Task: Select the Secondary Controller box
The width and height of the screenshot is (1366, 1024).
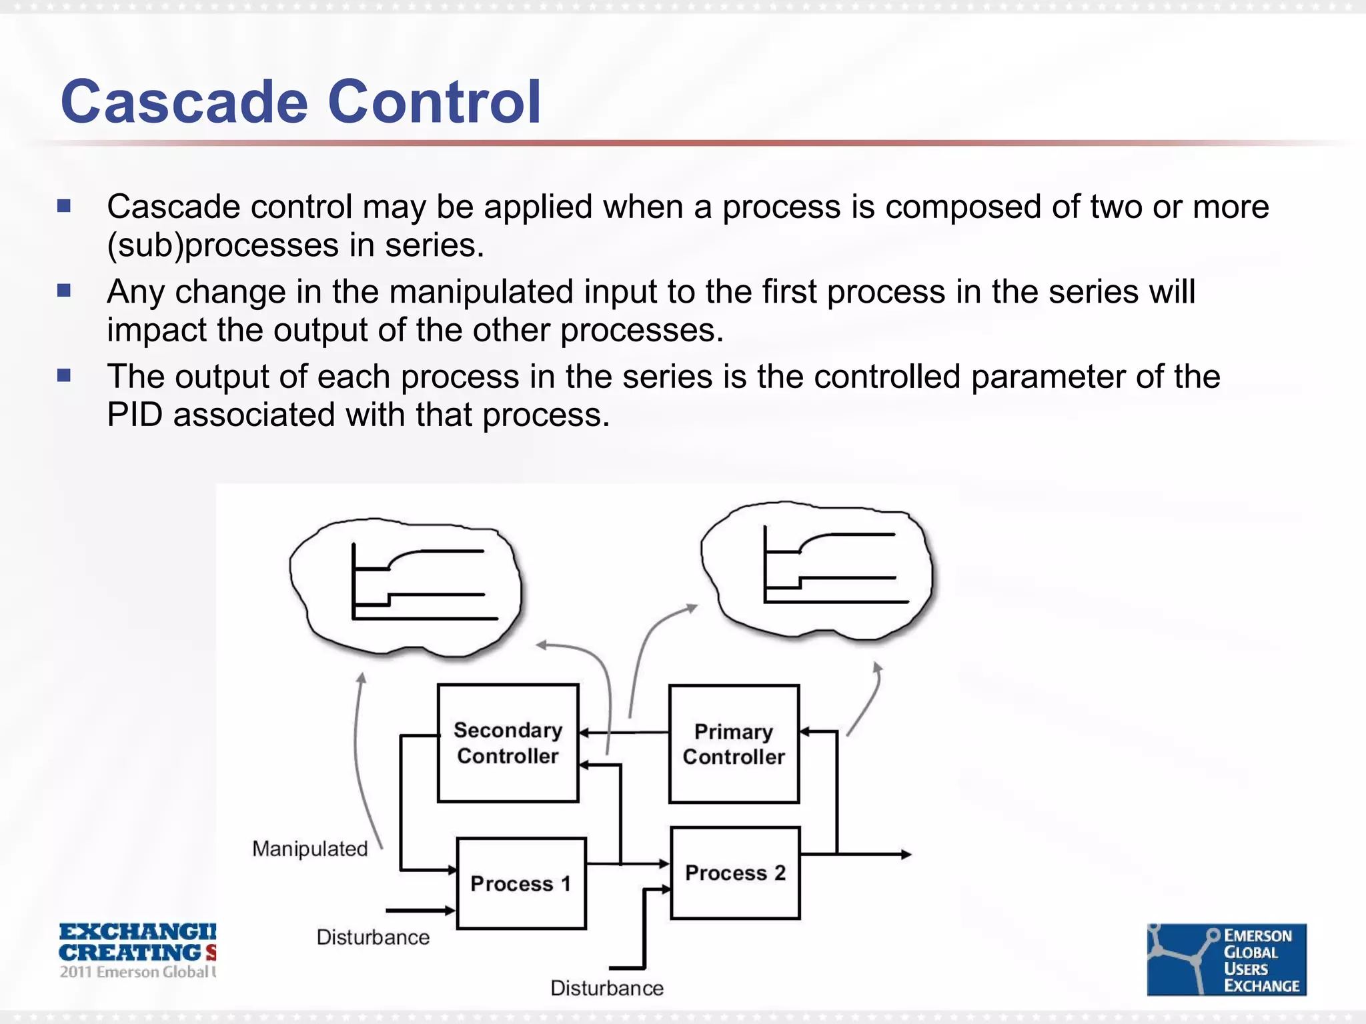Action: [x=508, y=743]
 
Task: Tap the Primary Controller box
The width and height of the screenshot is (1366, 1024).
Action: [x=734, y=744]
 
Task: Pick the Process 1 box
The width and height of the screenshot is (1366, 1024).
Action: [x=521, y=883]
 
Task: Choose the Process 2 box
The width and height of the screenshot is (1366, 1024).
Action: [x=735, y=873]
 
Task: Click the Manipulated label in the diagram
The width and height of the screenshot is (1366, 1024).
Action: [x=310, y=849]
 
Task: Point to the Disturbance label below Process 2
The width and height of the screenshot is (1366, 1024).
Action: [x=607, y=988]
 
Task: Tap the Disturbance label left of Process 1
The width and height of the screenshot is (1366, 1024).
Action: [x=373, y=937]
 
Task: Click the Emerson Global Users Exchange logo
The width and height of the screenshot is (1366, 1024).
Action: [x=1226, y=959]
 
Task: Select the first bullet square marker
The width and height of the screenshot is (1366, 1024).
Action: [x=64, y=206]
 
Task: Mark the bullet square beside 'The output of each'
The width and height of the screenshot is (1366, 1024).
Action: [x=64, y=376]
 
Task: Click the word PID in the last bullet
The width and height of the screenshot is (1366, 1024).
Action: [x=135, y=415]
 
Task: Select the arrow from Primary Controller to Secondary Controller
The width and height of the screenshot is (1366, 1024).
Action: [x=624, y=733]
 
